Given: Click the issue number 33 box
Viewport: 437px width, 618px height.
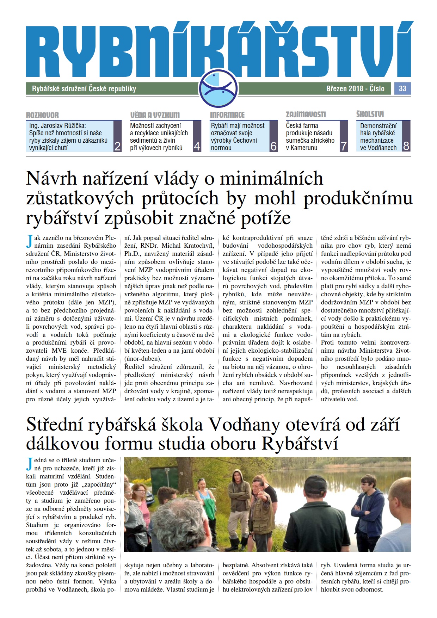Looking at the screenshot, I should (x=402, y=88).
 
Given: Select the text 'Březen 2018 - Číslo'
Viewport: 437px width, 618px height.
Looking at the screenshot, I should (x=355, y=88).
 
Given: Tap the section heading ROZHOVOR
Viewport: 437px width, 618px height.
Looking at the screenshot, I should (x=42, y=115).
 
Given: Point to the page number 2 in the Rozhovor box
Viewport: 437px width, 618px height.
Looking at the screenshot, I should (x=118, y=146).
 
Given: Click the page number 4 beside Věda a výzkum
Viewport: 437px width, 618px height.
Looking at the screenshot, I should (x=197, y=146).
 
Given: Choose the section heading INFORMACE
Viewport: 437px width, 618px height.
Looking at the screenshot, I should (x=227, y=115).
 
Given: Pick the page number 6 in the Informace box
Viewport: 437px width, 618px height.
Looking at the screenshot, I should (x=273, y=146).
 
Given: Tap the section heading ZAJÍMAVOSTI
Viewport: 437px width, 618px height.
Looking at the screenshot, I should (x=306, y=115).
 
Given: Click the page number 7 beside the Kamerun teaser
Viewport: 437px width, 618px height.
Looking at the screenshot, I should (x=344, y=146).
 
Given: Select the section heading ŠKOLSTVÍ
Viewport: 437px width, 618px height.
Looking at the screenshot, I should (x=370, y=114).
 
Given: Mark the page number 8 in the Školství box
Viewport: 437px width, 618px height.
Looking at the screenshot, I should (x=406, y=146).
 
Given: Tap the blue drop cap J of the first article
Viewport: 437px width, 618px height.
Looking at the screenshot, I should (x=29, y=242).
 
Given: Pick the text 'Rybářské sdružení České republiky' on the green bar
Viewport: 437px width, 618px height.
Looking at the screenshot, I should (x=84, y=89).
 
